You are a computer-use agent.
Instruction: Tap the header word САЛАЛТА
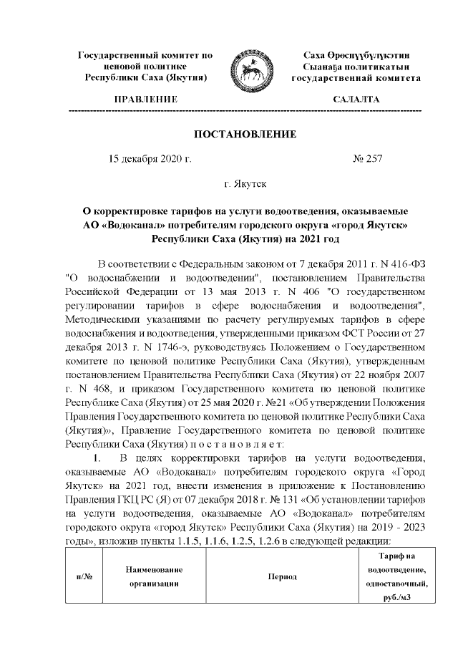(356, 99)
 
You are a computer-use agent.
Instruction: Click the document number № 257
(368, 159)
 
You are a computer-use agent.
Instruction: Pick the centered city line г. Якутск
(245, 184)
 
